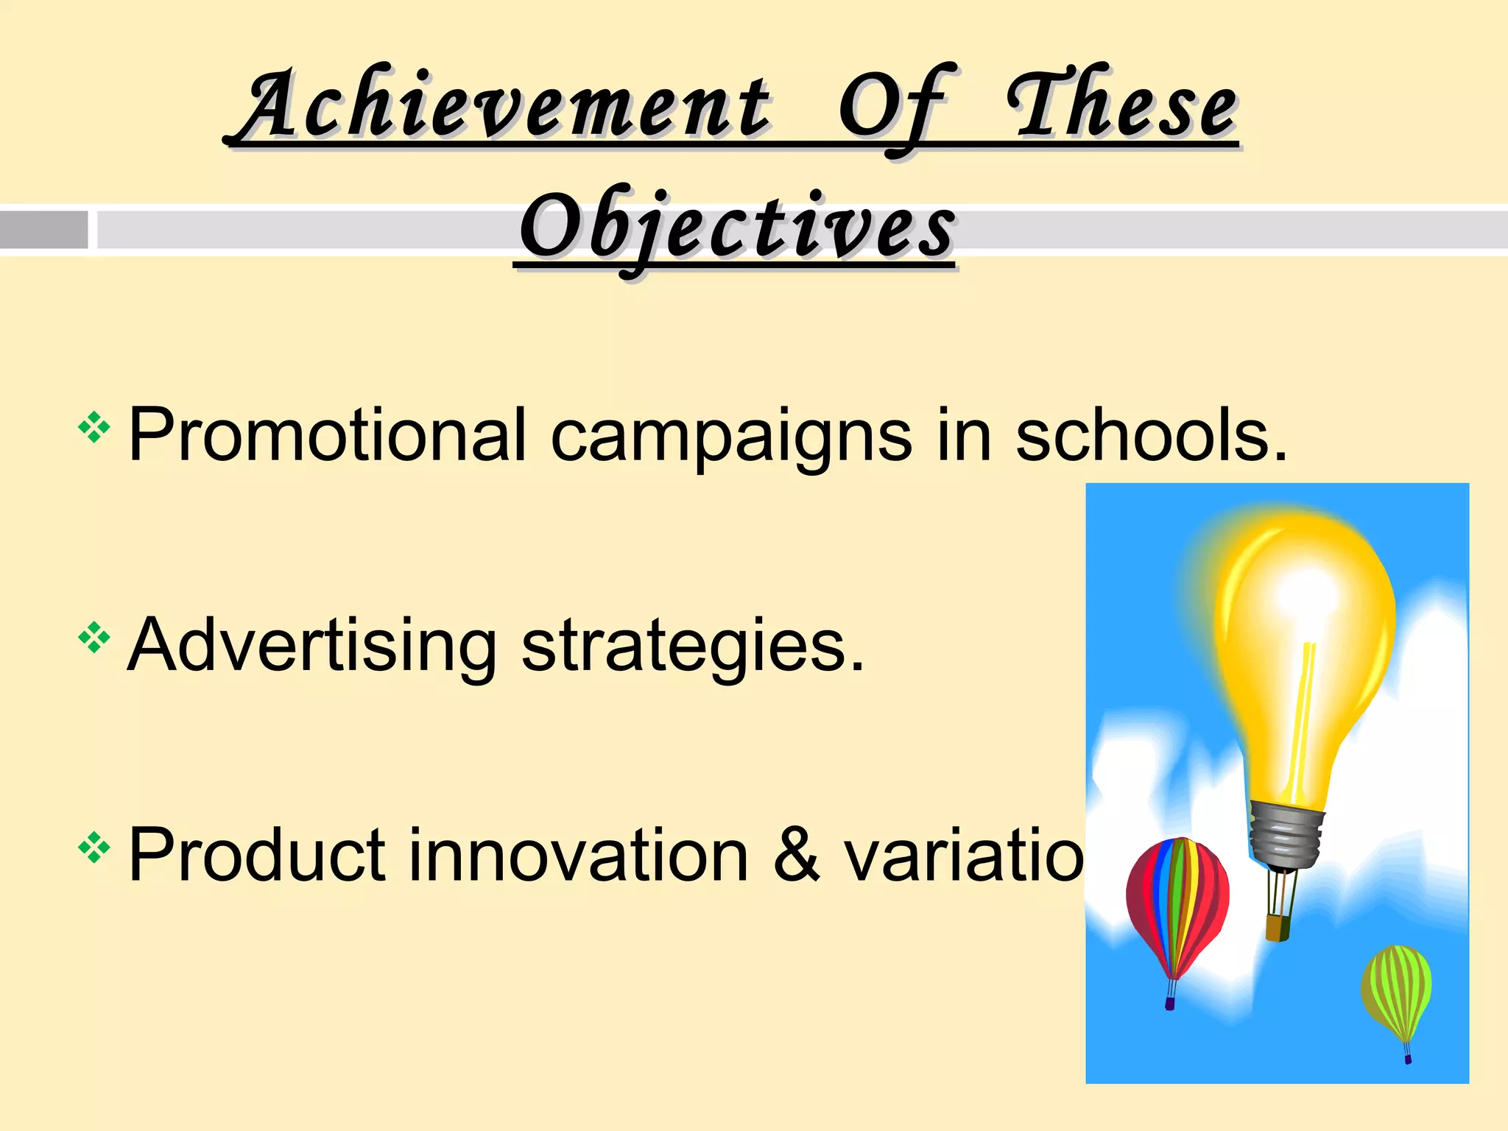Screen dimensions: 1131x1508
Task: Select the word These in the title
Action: [x=1123, y=107]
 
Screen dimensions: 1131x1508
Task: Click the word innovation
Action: [x=578, y=856]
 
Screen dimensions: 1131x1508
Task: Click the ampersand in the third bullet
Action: [x=796, y=856]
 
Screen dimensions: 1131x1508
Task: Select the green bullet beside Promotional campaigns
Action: [x=94, y=428]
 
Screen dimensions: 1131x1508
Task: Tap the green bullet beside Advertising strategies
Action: [x=94, y=638]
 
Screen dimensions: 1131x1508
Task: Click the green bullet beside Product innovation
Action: [x=94, y=848]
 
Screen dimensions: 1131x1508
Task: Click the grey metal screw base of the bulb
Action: [x=1285, y=836]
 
